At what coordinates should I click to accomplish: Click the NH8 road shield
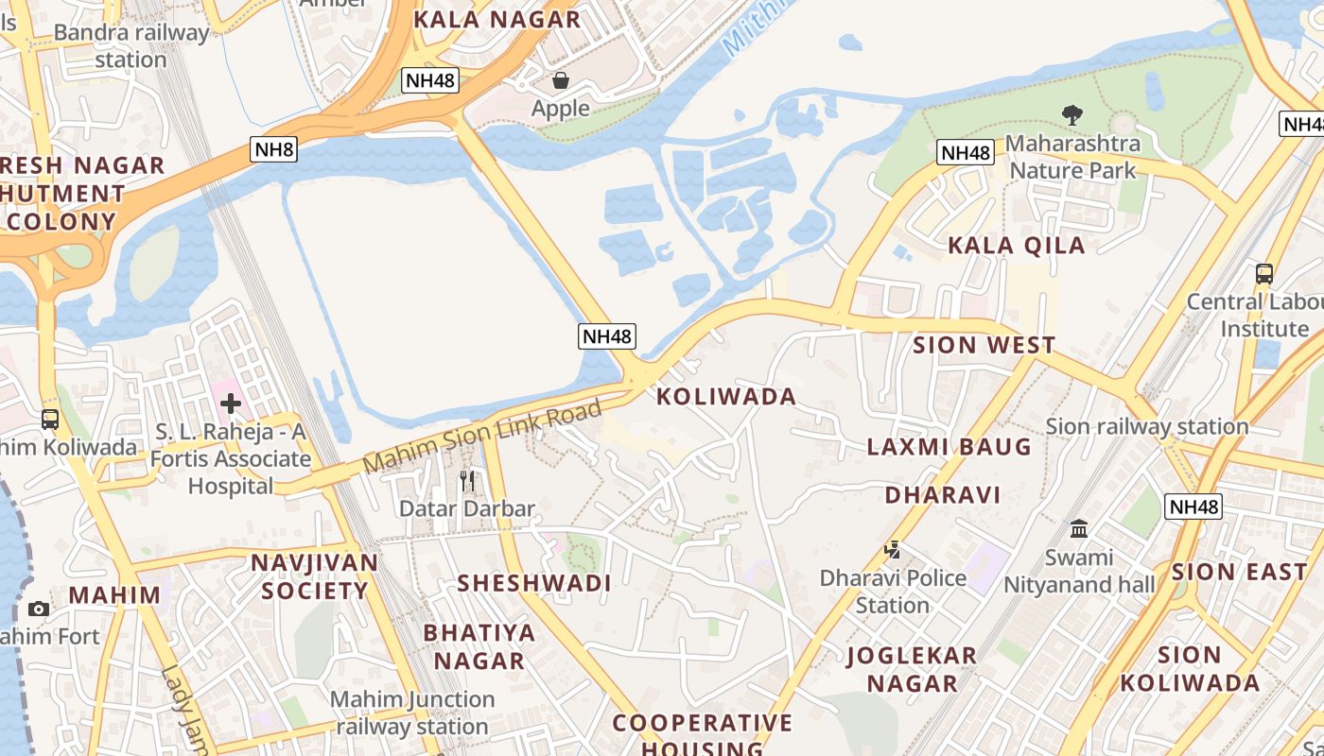click(274, 148)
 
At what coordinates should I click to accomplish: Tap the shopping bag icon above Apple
click(561, 80)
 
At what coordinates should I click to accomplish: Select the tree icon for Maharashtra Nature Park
click(1071, 115)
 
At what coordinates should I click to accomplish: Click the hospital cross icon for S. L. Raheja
click(230, 404)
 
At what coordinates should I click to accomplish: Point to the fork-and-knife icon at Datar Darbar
click(467, 480)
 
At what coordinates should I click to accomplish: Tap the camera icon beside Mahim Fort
click(39, 609)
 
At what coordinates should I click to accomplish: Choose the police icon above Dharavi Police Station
click(891, 549)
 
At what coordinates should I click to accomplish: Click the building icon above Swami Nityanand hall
click(1079, 528)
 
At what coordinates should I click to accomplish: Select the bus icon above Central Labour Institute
click(1263, 274)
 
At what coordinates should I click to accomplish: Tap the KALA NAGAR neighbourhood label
click(496, 20)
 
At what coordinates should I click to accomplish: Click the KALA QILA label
click(1016, 246)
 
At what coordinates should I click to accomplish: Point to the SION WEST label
click(984, 345)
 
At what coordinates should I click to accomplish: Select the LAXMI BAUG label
click(949, 447)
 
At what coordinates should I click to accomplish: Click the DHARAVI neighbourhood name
click(942, 494)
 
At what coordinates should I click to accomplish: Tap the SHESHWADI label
click(534, 583)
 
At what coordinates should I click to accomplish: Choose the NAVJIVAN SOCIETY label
click(314, 576)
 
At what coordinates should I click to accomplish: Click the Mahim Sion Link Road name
click(482, 438)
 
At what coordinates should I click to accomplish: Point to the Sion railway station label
click(1147, 426)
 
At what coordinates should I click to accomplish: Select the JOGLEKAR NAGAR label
click(912, 669)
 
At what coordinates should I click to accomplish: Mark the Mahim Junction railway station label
click(412, 713)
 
